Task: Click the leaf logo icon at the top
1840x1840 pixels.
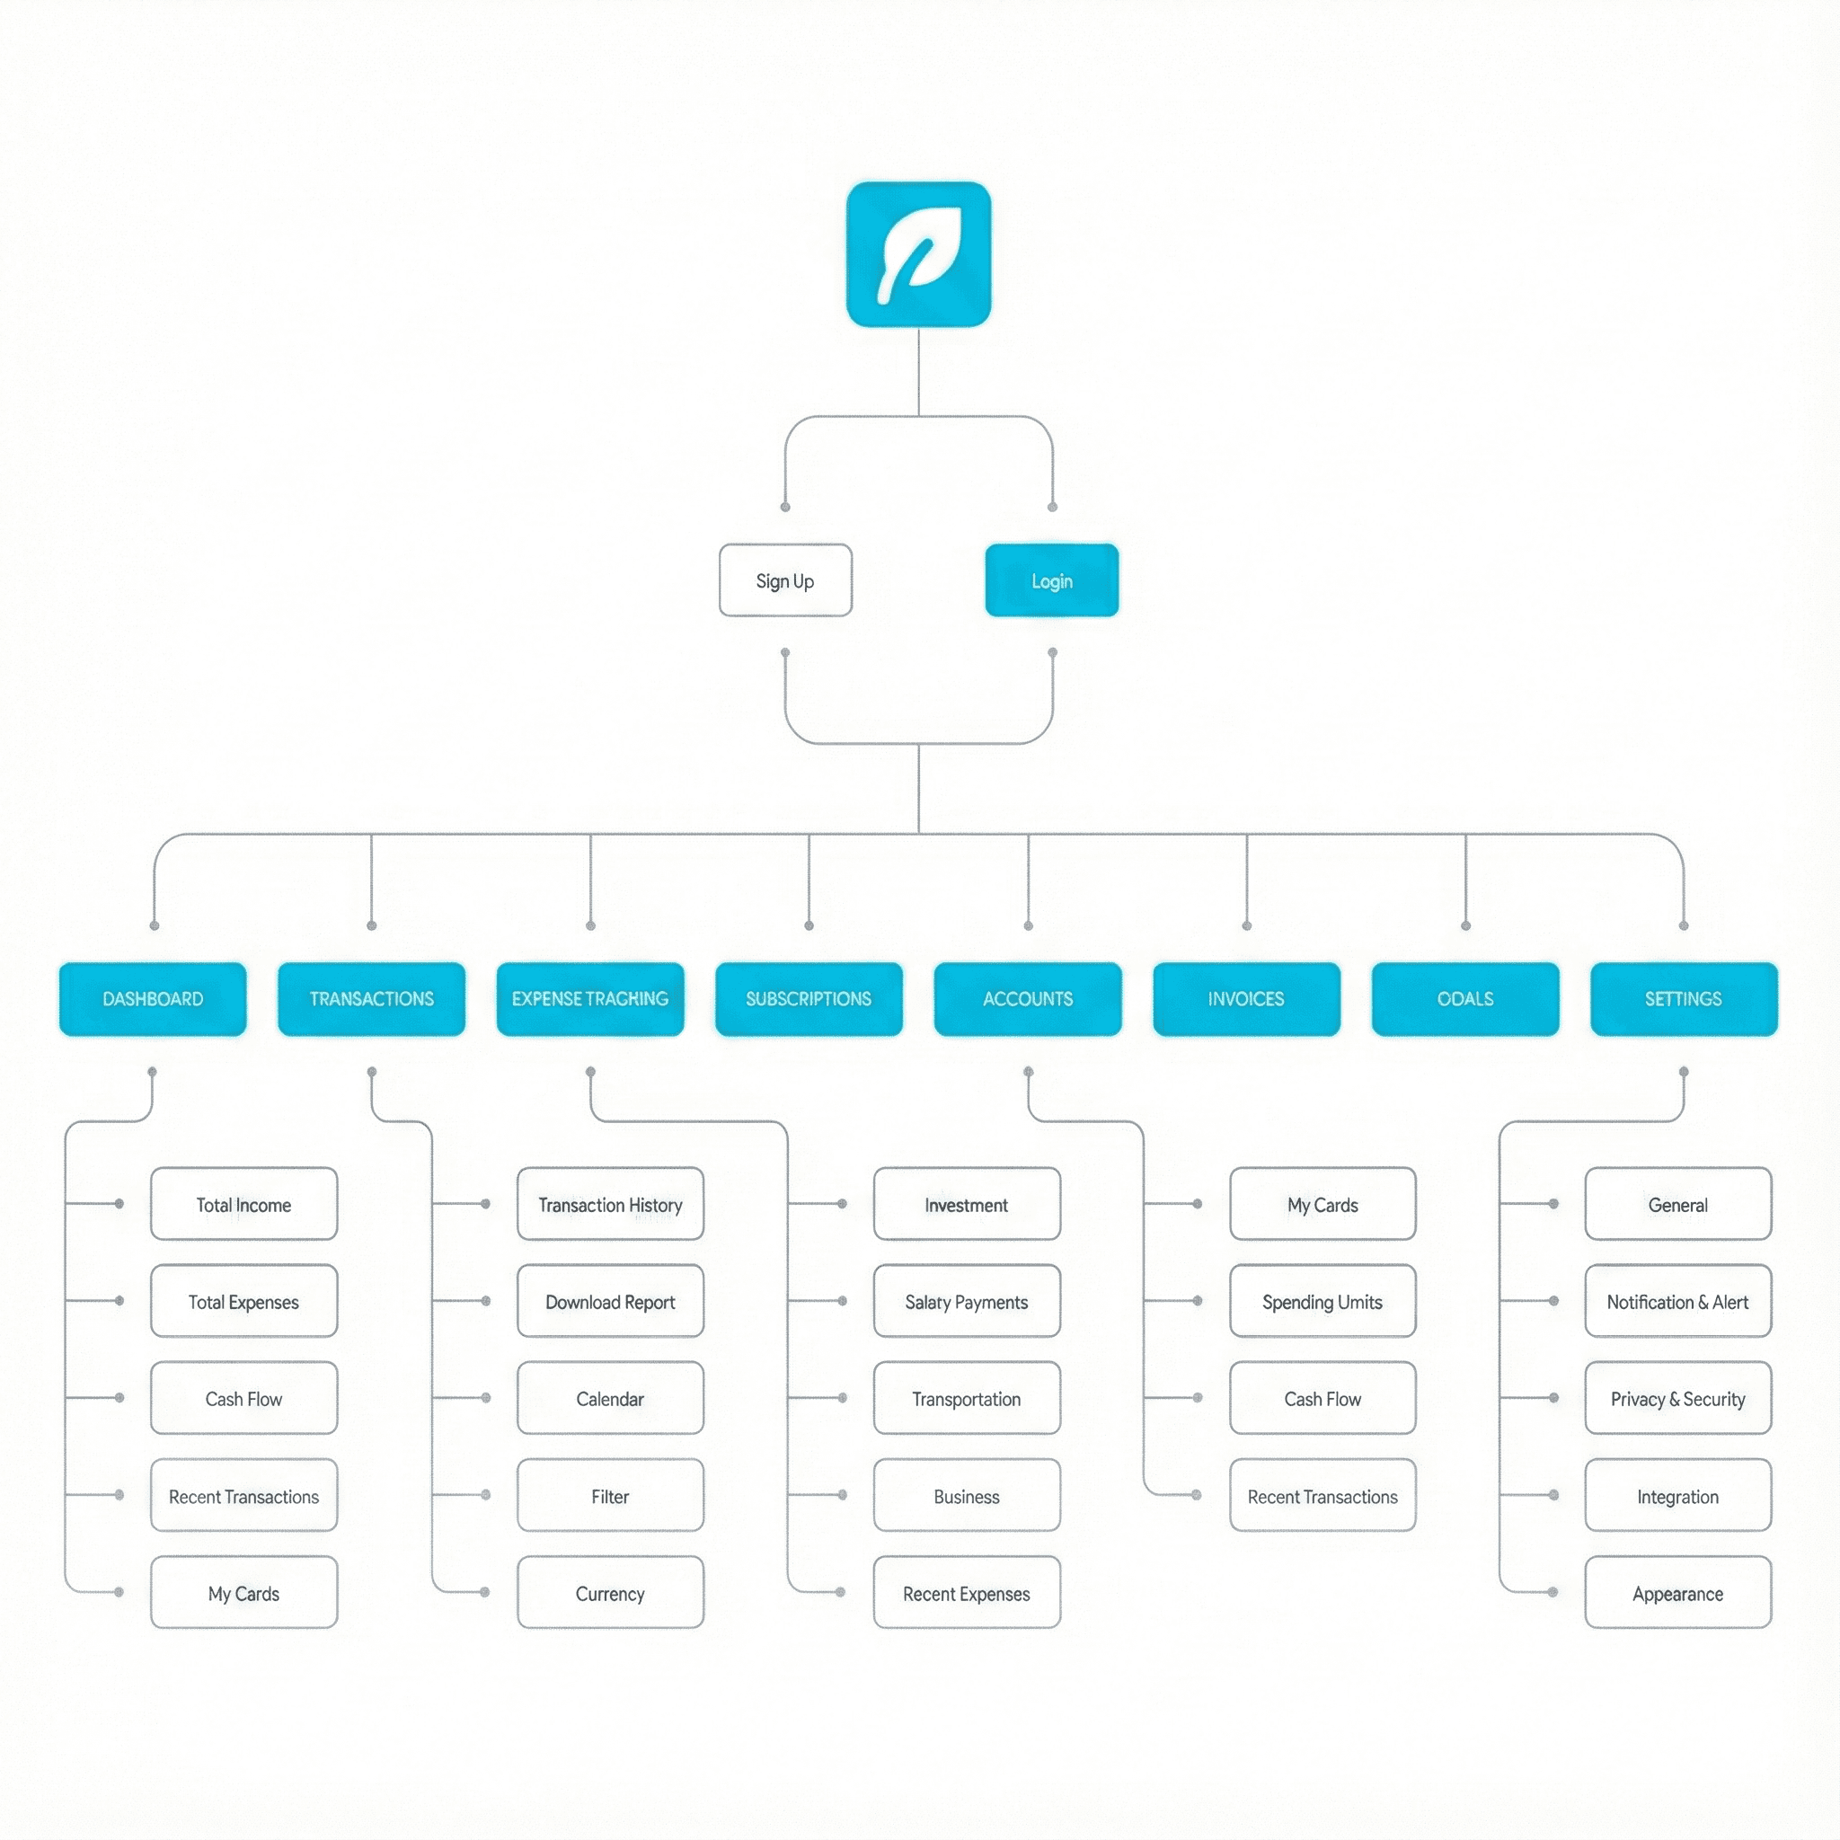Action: pyautogui.click(x=918, y=254)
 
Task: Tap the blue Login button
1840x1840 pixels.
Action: pyautogui.click(x=1051, y=580)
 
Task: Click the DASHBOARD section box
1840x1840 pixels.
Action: pyautogui.click(x=153, y=998)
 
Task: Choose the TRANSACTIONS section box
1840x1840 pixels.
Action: pyautogui.click(x=371, y=998)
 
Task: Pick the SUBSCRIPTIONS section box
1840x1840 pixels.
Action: pyautogui.click(x=809, y=998)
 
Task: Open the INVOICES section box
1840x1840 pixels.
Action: pyautogui.click(x=1247, y=998)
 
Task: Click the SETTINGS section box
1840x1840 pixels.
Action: pyautogui.click(x=1684, y=998)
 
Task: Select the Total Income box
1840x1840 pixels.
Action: pyautogui.click(x=243, y=1204)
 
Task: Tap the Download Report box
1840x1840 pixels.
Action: pyautogui.click(x=610, y=1301)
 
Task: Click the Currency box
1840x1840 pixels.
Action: pyautogui.click(x=610, y=1592)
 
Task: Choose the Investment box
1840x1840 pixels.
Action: pyautogui.click(x=967, y=1204)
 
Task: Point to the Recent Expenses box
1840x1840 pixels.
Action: pyautogui.click(x=967, y=1592)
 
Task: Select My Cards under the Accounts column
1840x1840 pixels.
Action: pyautogui.click(x=1322, y=1204)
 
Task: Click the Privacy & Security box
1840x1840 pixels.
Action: pyautogui.click(x=1678, y=1398)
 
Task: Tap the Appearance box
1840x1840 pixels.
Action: pyautogui.click(x=1678, y=1592)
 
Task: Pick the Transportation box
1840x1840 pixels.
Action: pyautogui.click(x=967, y=1398)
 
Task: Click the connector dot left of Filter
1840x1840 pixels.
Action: pyautogui.click(x=486, y=1495)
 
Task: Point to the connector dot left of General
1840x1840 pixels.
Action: pyautogui.click(x=1553, y=1204)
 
